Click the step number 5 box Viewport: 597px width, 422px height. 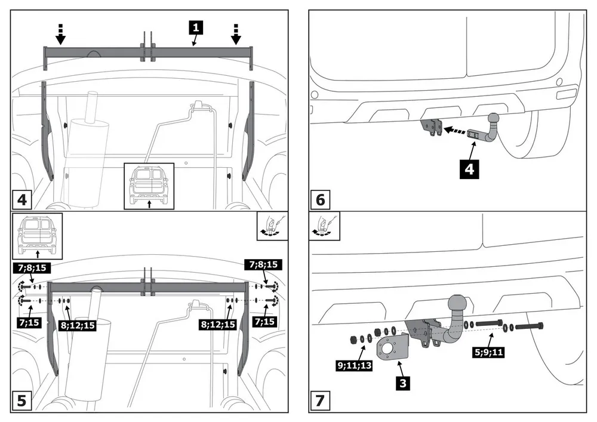21,401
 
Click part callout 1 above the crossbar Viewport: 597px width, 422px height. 196,27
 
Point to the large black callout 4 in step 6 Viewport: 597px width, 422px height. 470,170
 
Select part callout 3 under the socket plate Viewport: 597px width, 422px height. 404,383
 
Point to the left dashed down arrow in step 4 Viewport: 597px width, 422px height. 60,35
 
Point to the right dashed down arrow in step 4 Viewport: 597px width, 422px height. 236,35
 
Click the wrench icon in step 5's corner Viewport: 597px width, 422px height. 272,226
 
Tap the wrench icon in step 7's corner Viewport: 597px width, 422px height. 322,226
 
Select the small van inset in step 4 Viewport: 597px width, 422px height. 149,186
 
